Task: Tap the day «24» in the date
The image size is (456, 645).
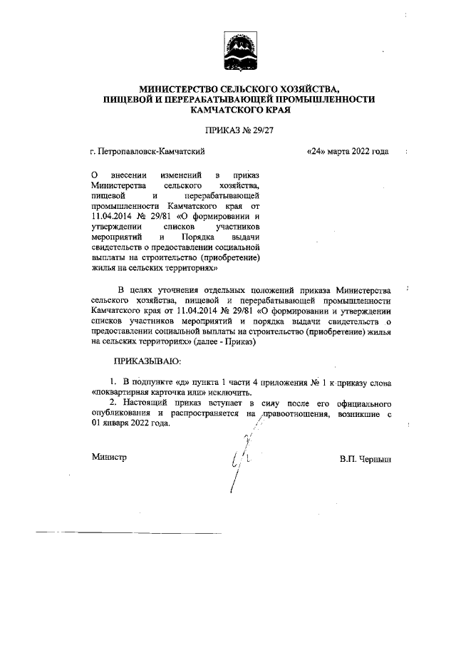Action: (x=314, y=151)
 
